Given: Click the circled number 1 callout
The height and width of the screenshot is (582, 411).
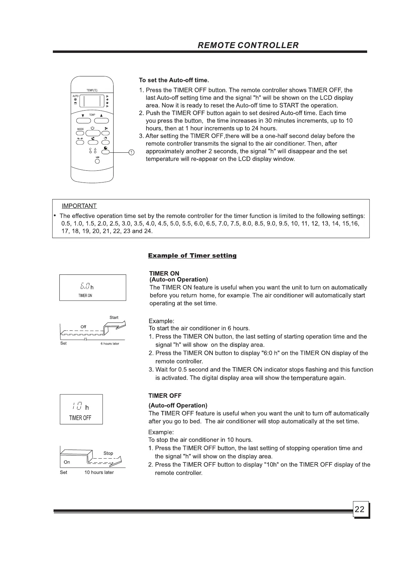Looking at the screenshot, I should pyautogui.click(x=131, y=152).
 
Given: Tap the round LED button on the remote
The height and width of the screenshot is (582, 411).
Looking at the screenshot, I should pyautogui.click(x=97, y=163).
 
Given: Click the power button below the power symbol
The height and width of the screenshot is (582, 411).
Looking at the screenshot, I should pyautogui.click(x=93, y=133).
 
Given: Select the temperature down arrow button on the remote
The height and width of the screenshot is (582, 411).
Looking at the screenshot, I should pyautogui.click(x=83, y=121).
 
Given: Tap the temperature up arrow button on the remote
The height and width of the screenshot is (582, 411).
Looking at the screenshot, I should pyautogui.click(x=101, y=121).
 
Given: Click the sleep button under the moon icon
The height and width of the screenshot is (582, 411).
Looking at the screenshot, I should pyautogui.click(x=93, y=142).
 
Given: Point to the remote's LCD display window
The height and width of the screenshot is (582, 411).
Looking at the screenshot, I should pyautogui.click(x=92, y=101).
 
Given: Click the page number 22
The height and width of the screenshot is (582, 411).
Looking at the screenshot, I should pyautogui.click(x=360, y=509).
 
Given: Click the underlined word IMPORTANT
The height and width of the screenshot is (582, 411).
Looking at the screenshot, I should pyautogui.click(x=79, y=206).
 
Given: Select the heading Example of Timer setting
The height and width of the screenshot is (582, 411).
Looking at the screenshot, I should pyautogui.click(x=192, y=256).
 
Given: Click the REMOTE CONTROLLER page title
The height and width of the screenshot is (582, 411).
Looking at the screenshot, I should pyautogui.click(x=248, y=45).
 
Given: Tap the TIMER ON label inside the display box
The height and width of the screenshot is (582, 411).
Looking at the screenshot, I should pyautogui.click(x=85, y=295).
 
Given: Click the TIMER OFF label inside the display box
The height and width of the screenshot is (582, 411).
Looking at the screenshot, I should pyautogui.click(x=80, y=418).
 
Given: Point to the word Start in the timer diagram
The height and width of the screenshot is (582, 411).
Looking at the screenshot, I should pyautogui.click(x=114, y=318).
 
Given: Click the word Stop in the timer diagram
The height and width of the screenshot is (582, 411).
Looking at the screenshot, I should pyautogui.click(x=108, y=453).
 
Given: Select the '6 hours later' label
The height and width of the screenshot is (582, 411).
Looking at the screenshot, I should pyautogui.click(x=110, y=344).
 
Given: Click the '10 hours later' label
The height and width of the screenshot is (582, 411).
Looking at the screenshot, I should pyautogui.click(x=99, y=472).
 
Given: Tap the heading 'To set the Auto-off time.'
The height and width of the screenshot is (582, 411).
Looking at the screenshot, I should pyautogui.click(x=174, y=80).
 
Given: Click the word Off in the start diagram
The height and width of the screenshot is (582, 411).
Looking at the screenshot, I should pyautogui.click(x=83, y=327).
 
